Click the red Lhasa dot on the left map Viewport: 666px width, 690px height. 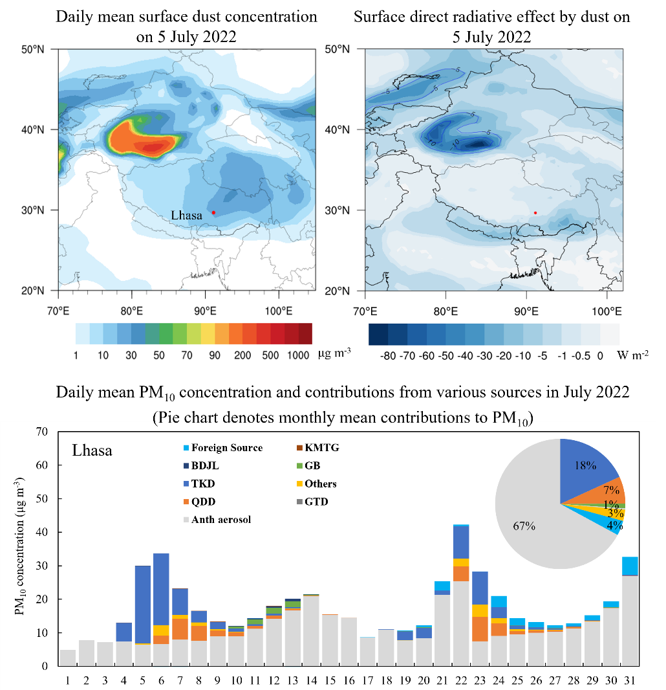[213, 213]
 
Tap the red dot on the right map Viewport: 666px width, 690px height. [535, 213]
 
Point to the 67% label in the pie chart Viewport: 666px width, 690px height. [524, 526]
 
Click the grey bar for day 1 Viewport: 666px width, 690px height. [68, 658]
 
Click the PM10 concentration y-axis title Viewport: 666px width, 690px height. [19, 547]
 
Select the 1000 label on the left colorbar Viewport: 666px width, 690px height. [299, 354]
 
